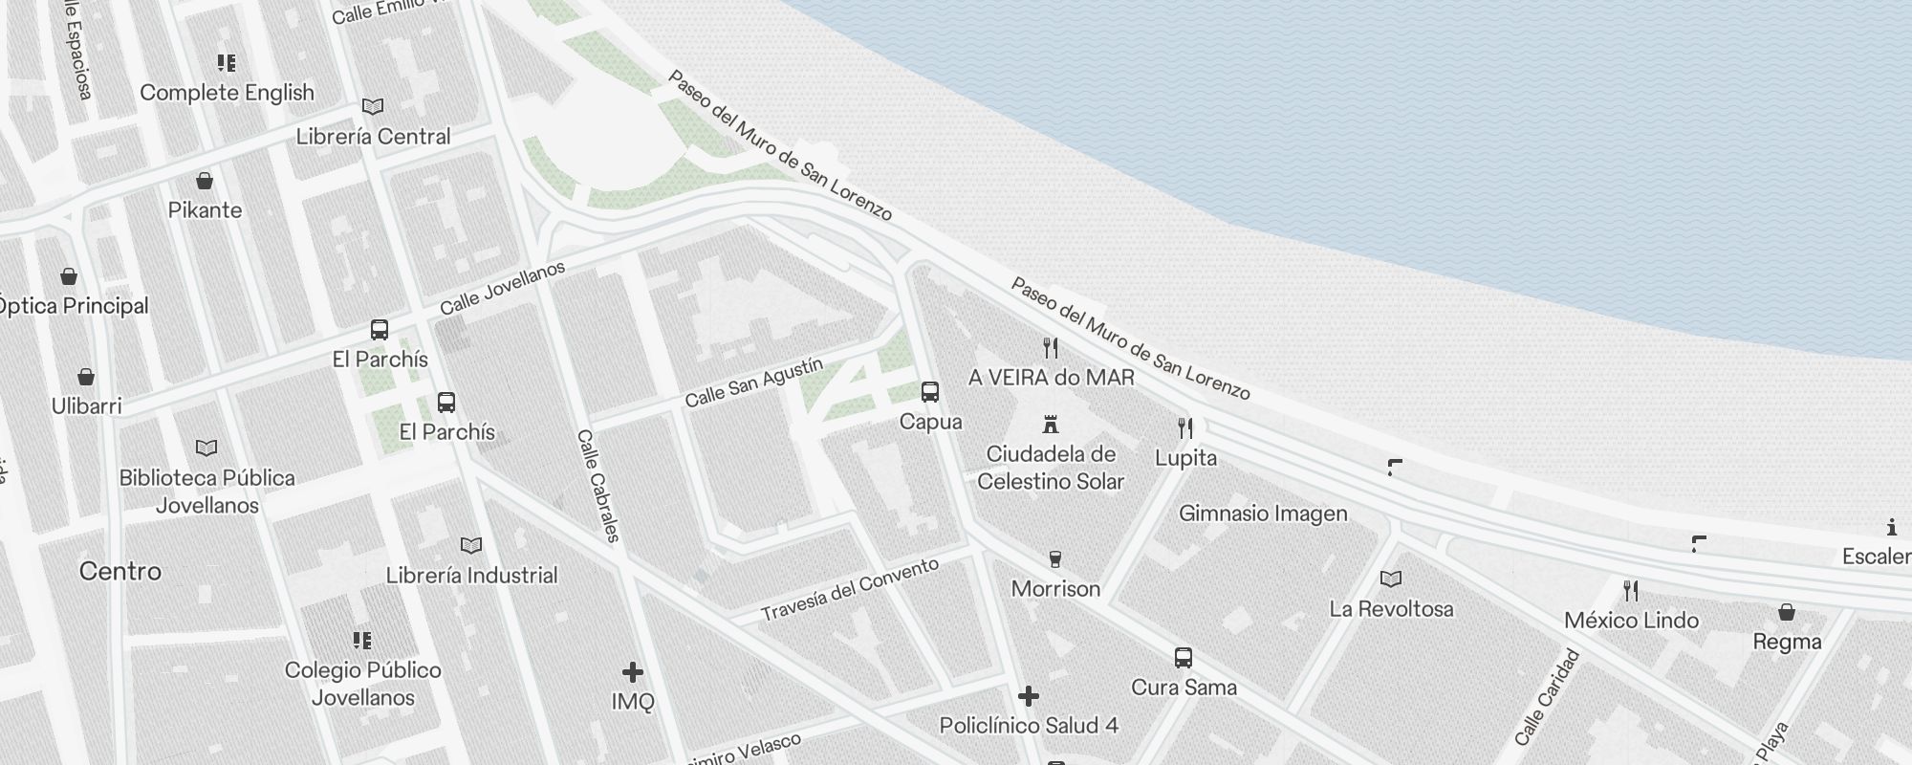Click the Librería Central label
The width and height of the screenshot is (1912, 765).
point(373,137)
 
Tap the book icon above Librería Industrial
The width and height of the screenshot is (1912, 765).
point(471,546)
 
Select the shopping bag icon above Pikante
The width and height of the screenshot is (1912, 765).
point(205,181)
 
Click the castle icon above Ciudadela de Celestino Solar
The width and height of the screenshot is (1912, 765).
point(1051,424)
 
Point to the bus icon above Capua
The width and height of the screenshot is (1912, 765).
point(930,392)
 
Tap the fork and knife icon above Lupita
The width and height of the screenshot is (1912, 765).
point(1185,427)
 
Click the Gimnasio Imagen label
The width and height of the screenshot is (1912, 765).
point(1263,514)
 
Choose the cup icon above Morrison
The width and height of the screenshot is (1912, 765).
point(1055,559)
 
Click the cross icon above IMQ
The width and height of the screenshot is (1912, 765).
point(632,672)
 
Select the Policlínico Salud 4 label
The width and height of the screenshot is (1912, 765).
point(1029,726)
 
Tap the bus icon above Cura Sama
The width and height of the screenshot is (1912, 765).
point(1184,658)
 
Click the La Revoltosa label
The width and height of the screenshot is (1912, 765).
point(1391,609)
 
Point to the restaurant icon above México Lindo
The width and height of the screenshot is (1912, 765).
point(1631,591)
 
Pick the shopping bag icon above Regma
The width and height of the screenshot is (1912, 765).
point(1786,613)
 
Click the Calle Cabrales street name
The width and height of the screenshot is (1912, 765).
point(599,486)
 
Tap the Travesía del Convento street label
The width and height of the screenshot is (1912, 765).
point(850,590)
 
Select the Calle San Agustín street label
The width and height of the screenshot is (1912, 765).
point(753,382)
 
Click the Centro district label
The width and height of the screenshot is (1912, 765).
point(120,572)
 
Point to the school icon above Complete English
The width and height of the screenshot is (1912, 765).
point(227,63)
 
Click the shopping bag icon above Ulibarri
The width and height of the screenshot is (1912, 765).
point(86,377)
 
